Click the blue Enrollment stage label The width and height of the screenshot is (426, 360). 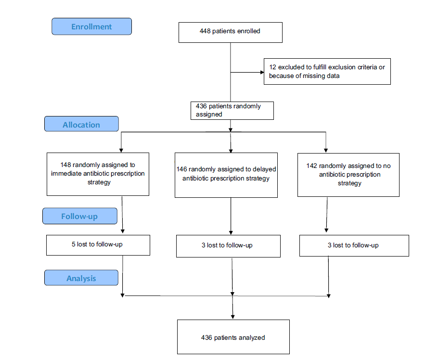point(91,26)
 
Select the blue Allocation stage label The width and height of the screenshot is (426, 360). point(81,124)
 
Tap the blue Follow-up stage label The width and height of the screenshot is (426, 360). point(79,216)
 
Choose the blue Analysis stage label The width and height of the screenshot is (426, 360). point(81,278)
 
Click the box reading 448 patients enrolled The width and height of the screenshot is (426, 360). point(230,32)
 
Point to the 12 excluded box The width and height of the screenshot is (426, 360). point(327,72)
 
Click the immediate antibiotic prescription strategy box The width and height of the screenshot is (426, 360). point(98,174)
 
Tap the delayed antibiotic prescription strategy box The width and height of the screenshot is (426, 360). point(226,174)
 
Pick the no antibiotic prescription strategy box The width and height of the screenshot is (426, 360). point(348,174)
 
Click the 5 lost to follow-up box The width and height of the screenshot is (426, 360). point(98,245)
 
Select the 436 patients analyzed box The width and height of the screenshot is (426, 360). point(233,337)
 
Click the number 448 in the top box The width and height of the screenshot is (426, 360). point(205,31)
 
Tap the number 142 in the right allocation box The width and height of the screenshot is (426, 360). point(312,166)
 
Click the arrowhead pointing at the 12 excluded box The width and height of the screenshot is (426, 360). point(262,73)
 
